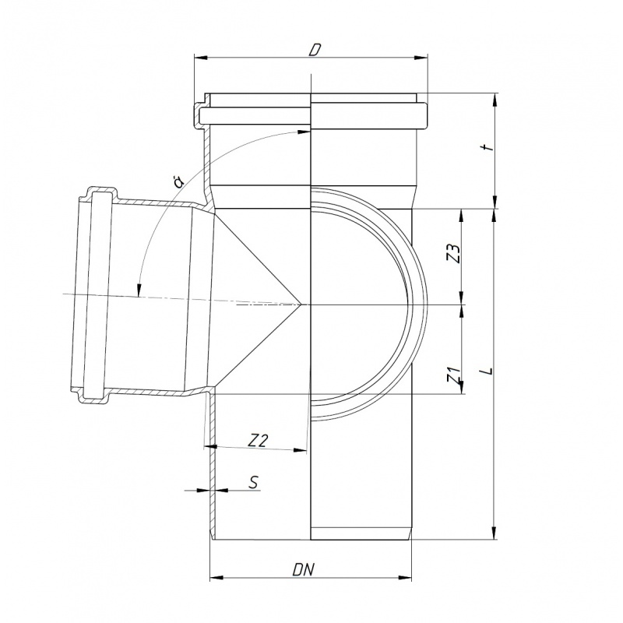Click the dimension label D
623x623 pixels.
click(315, 50)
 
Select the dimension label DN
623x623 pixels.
click(304, 570)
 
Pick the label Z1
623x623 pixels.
click(454, 375)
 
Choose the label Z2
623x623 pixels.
click(259, 441)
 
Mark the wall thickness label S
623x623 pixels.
click(254, 482)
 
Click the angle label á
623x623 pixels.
click(178, 181)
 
